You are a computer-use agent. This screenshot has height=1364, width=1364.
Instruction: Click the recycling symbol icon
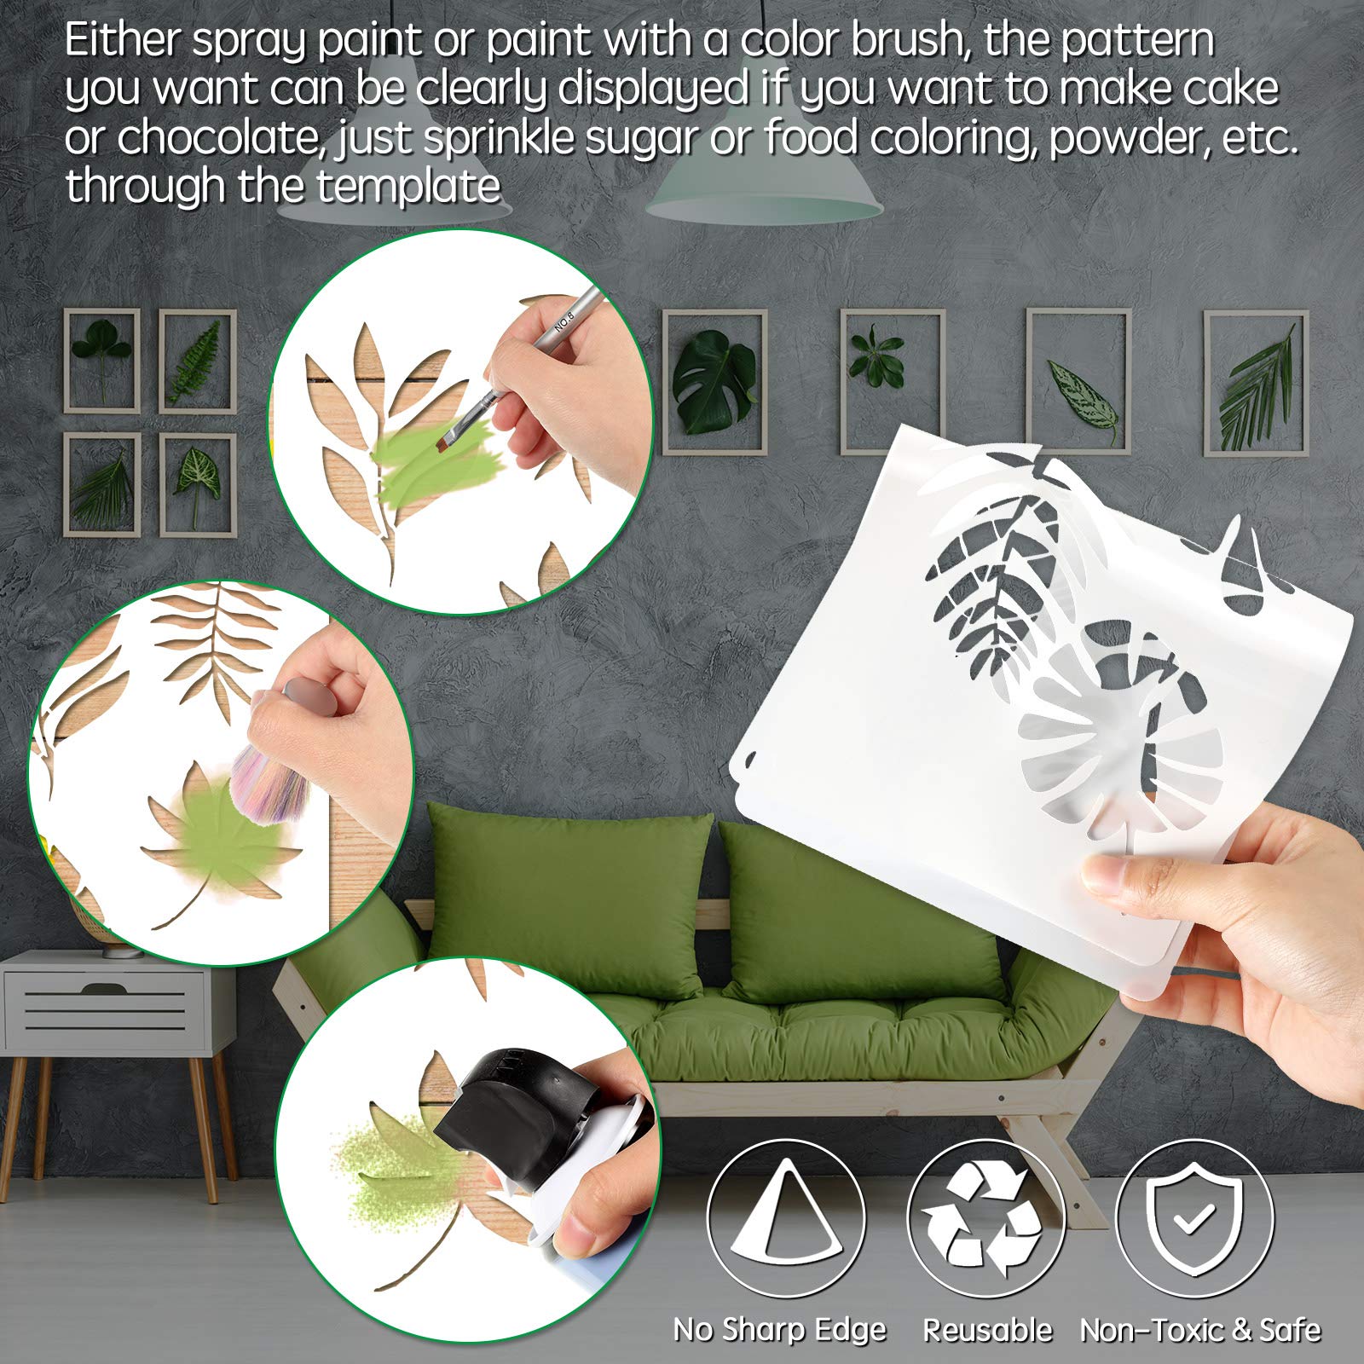pyautogui.click(x=986, y=1218)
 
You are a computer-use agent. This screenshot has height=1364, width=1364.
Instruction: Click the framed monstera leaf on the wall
pyautogui.click(x=714, y=381)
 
